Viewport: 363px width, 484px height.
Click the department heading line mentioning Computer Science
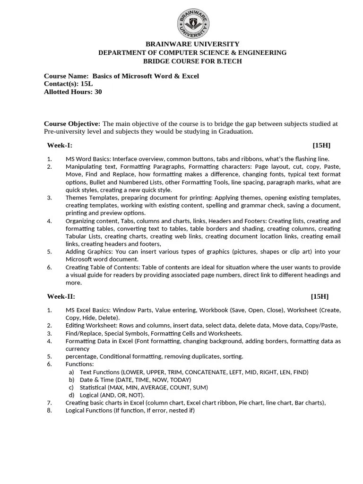coord(192,52)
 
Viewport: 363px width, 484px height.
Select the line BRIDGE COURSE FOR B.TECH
coord(192,61)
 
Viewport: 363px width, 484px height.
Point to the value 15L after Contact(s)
coord(86,84)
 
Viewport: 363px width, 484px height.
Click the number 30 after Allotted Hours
coord(98,92)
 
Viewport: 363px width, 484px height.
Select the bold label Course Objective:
coord(72,124)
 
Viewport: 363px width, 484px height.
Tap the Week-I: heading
coord(60,145)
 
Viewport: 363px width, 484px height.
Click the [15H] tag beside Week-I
coord(321,145)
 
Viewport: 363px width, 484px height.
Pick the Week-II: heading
coord(61,296)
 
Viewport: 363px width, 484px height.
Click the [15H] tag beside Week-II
coord(320,296)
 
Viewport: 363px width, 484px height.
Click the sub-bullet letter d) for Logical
coord(71,395)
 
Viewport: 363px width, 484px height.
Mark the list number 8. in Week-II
coord(50,410)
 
